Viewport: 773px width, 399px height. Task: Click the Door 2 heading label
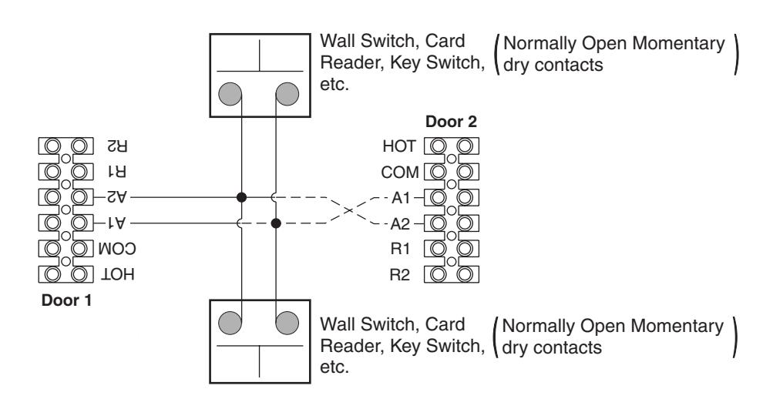pos(451,122)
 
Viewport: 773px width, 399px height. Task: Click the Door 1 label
pos(66,300)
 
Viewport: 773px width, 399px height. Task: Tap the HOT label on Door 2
pos(399,146)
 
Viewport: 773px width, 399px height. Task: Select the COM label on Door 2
pos(400,173)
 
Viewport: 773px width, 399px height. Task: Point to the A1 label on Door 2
pos(401,198)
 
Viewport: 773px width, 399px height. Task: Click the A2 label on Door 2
pos(400,224)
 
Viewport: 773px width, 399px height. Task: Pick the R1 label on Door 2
pos(400,249)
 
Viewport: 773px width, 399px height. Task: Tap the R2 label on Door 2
pos(400,274)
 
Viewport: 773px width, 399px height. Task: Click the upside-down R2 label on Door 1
pos(117,146)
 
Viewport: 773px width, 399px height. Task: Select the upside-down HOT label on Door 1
pos(117,274)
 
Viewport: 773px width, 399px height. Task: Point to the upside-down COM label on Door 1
pos(117,249)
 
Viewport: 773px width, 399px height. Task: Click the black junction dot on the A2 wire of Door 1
pos(241,197)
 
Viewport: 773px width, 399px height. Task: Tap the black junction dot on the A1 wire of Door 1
pos(276,223)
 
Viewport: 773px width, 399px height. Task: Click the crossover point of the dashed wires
pos(349,210)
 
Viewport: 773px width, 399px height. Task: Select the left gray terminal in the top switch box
pos(230,94)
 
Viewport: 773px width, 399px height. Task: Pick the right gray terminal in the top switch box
pos(287,94)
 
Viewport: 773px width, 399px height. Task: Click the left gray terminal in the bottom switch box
pos(230,324)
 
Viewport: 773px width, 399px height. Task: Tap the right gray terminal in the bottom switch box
pos(287,324)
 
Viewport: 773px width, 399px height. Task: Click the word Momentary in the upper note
pos(678,45)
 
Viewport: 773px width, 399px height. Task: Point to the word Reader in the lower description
pos(352,346)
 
